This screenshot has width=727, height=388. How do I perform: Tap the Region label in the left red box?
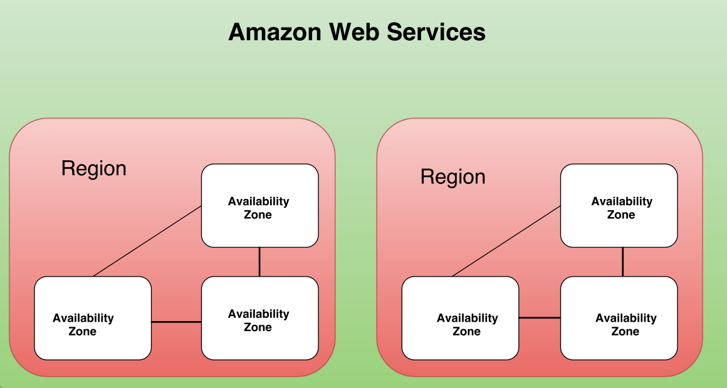(x=94, y=168)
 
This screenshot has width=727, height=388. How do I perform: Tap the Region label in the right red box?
(x=452, y=177)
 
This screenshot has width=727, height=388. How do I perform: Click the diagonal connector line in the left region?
(x=147, y=241)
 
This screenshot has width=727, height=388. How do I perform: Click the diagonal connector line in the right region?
(x=506, y=241)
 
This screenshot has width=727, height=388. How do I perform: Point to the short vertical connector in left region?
(x=259, y=262)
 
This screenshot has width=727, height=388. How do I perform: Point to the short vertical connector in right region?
(x=622, y=262)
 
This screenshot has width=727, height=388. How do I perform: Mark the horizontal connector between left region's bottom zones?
(x=176, y=322)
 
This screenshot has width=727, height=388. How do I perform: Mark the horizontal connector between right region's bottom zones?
(x=540, y=318)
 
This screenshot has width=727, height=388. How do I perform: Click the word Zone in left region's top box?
(x=258, y=215)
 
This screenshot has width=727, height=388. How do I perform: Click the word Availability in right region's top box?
(x=622, y=202)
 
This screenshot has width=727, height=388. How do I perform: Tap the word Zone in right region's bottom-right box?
(x=625, y=332)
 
